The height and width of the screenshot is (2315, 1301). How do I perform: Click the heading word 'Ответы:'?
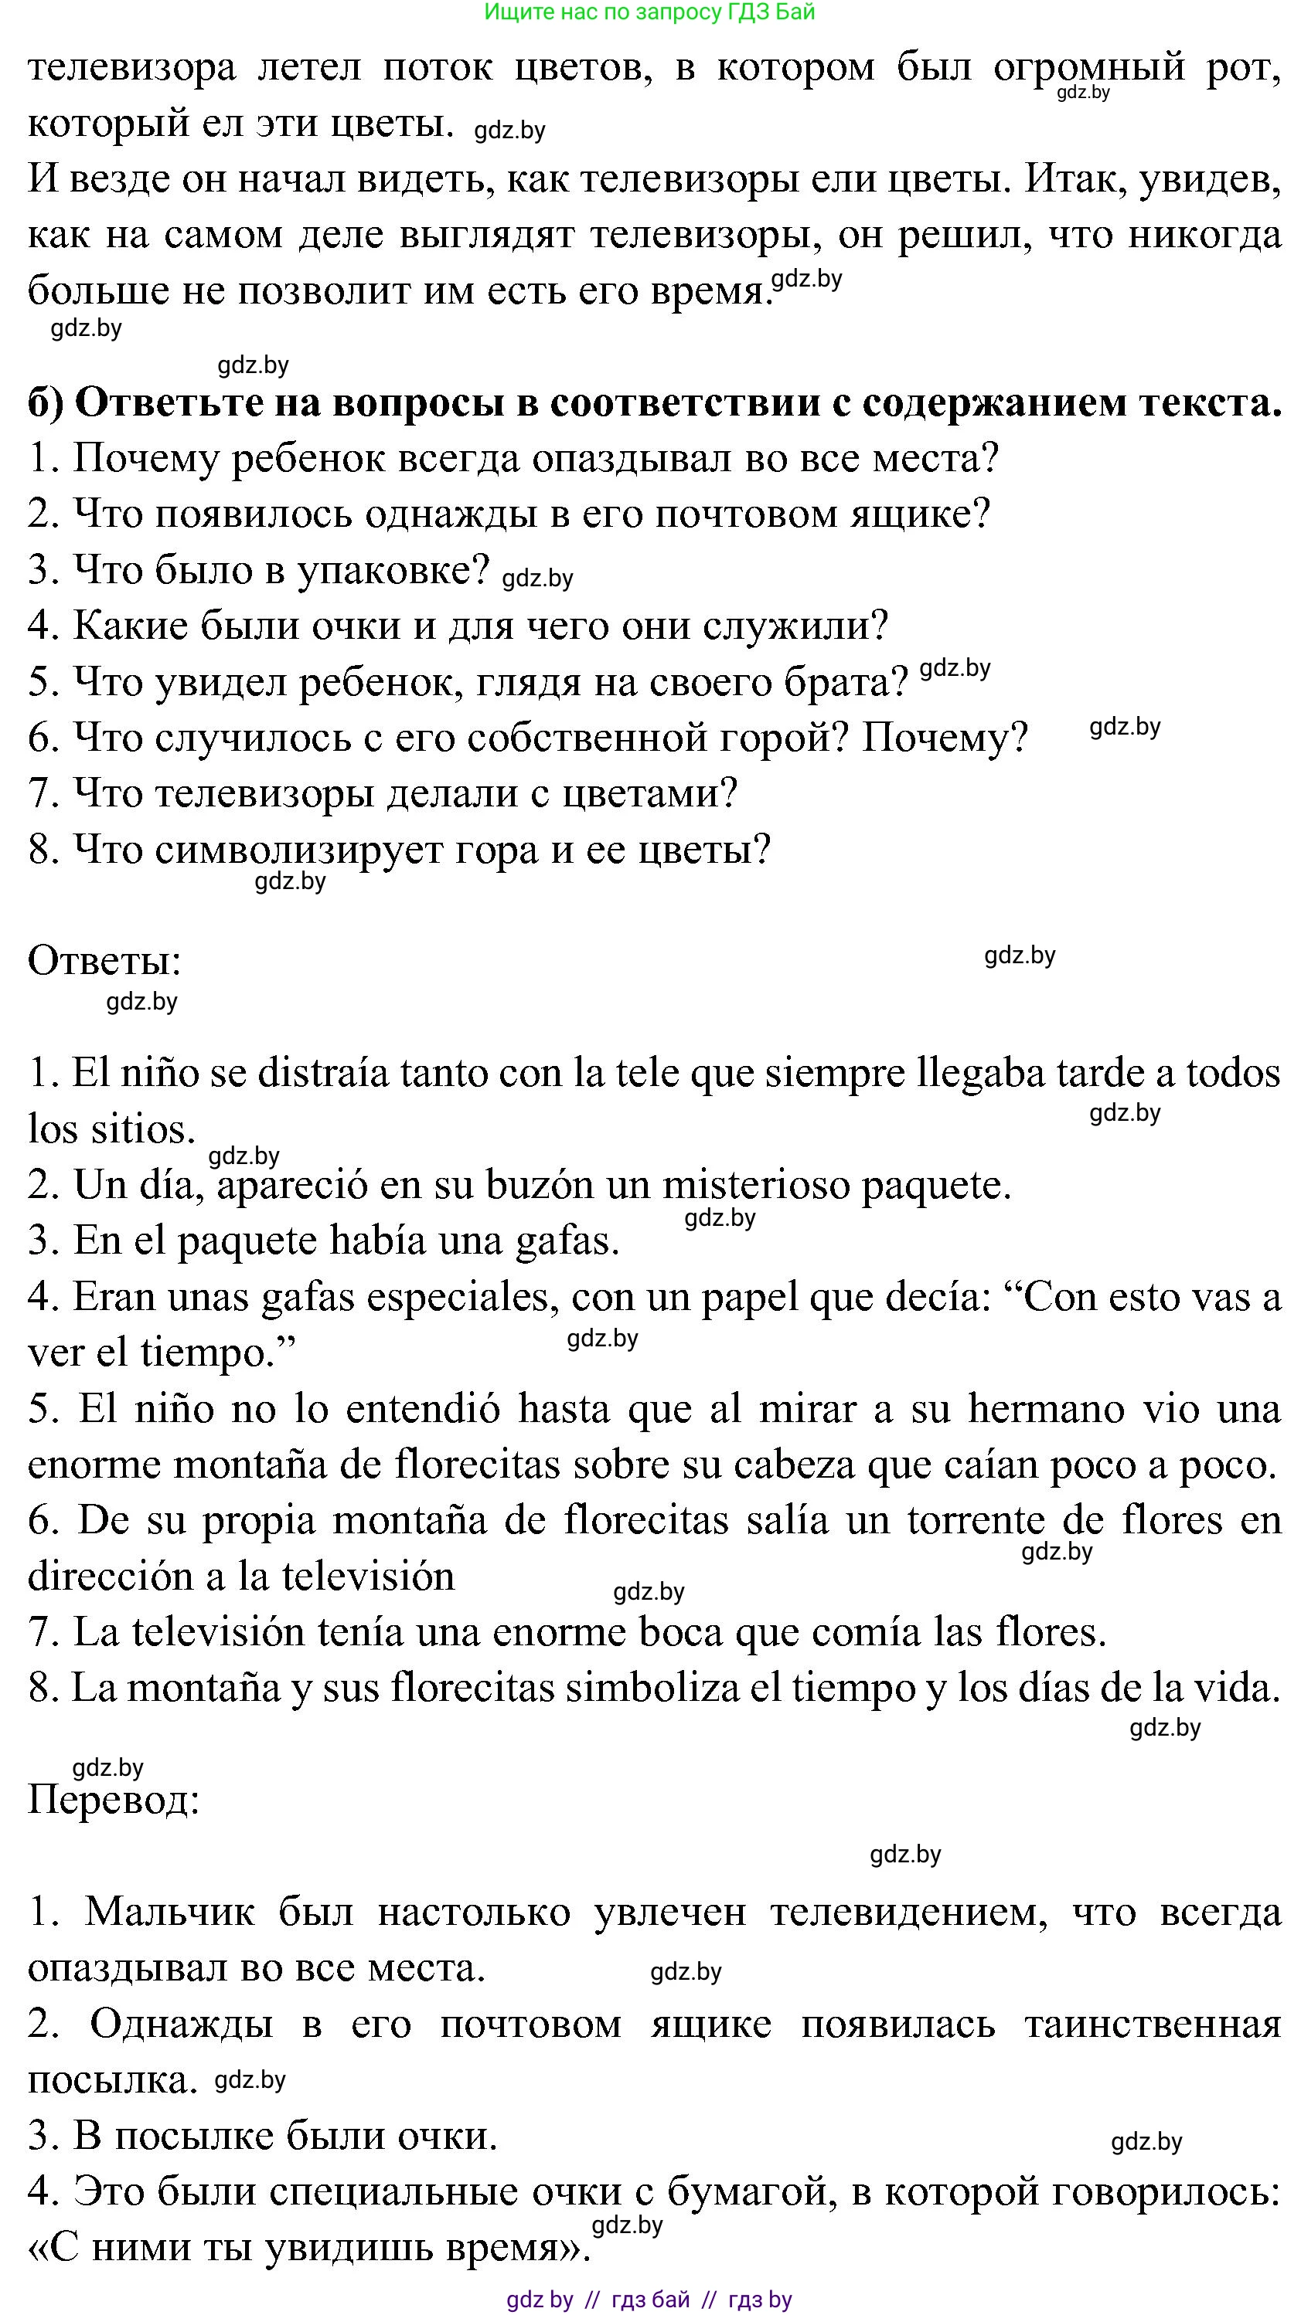point(105,961)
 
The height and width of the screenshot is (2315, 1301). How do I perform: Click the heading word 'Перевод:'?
point(114,1799)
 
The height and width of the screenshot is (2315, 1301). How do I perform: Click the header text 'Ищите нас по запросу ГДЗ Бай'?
point(649,12)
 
